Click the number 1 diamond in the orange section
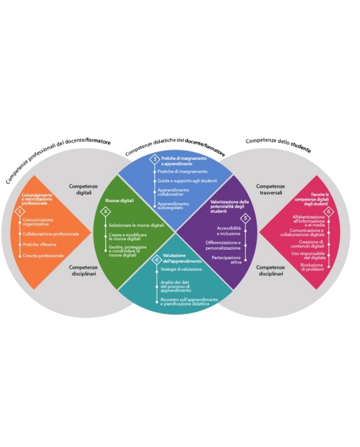(20, 211)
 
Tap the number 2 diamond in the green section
(106, 211)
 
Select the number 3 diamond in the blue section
(154, 160)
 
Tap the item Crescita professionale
(44, 255)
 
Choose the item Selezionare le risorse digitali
(136, 225)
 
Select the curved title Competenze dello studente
(278, 144)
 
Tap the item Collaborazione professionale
(51, 234)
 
